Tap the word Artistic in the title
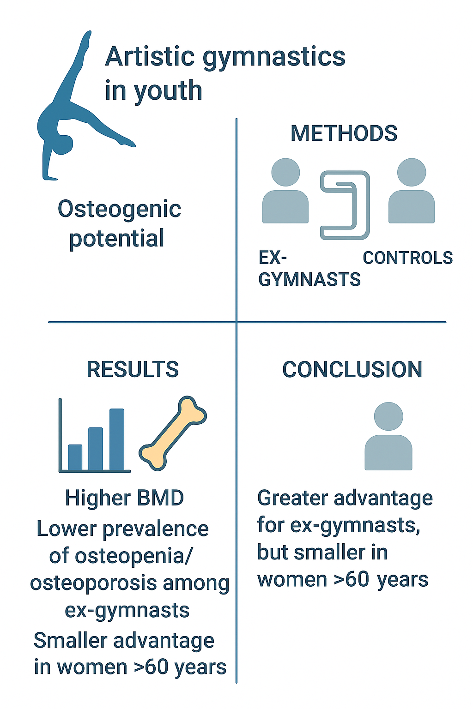150,57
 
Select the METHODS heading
344,133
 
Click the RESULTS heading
133,369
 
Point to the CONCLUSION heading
352,369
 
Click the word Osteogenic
119,209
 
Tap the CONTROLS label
407,258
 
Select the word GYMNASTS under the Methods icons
309,280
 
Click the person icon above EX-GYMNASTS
285,192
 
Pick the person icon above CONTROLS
412,192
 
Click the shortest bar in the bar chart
75,457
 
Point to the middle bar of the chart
96,448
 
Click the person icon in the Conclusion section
388,437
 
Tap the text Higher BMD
124,498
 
